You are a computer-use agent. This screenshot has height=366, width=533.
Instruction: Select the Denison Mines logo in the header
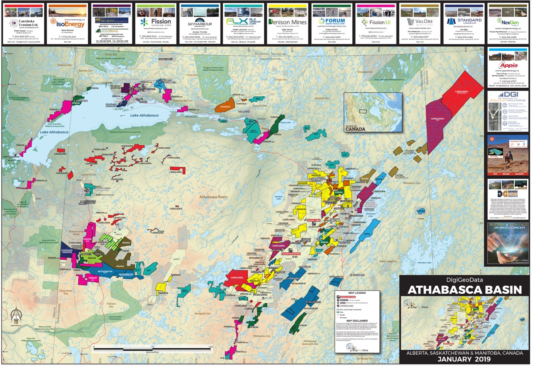287,22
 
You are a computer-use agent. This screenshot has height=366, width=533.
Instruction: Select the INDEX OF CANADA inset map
373,111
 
